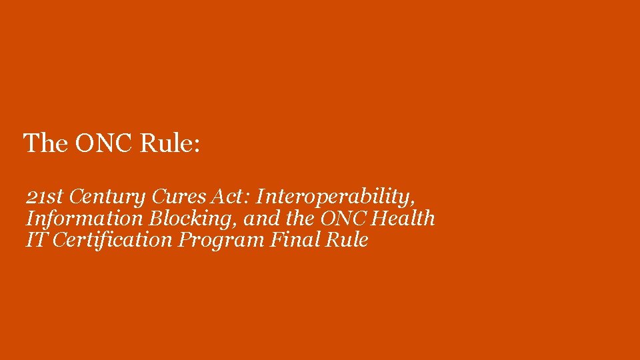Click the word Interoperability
click(x=333, y=197)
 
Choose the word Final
click(x=295, y=240)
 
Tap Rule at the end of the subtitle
click(x=347, y=240)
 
